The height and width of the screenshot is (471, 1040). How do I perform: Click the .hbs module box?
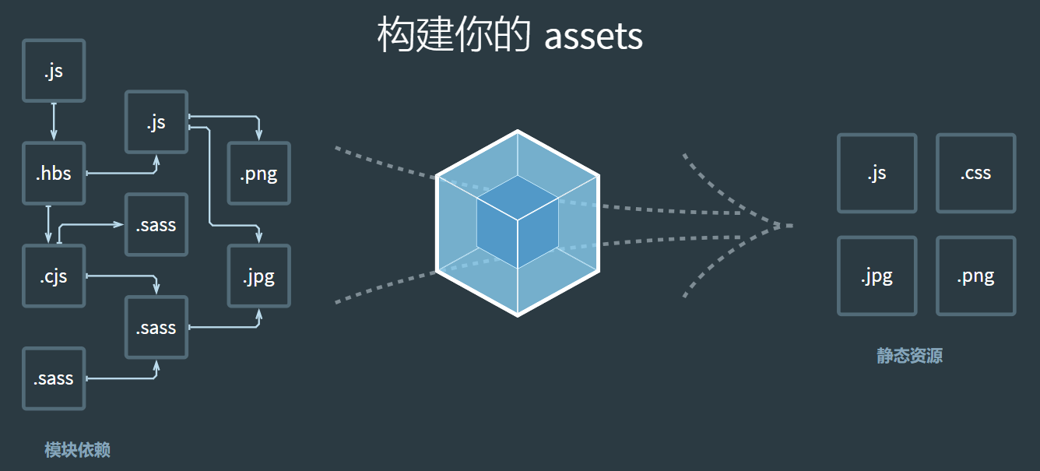click(54, 173)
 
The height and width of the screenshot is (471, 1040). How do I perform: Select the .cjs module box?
click(54, 276)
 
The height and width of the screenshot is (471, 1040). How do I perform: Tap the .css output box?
click(975, 173)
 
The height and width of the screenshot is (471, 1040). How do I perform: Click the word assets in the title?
click(593, 36)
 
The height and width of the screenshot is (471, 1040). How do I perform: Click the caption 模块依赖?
click(77, 450)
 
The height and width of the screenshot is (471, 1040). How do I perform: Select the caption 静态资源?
click(909, 357)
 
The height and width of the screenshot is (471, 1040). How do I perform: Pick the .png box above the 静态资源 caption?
click(975, 276)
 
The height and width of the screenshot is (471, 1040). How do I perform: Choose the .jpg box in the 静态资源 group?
click(877, 276)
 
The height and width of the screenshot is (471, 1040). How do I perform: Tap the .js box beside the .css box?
click(877, 173)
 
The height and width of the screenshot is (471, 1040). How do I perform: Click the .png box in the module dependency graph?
click(258, 173)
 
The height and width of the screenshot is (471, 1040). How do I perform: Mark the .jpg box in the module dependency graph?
click(258, 276)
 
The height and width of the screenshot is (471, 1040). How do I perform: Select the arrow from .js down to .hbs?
click(54, 121)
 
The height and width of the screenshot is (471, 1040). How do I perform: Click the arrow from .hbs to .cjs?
click(48, 224)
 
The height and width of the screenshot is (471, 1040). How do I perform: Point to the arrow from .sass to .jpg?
click(226, 326)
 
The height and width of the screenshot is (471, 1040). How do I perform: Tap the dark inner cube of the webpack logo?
click(518, 222)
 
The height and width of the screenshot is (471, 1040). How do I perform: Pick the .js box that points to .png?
click(156, 121)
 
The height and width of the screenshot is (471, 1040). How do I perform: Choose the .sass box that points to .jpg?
click(156, 327)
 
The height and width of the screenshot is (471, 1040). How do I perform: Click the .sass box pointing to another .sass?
click(54, 378)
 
